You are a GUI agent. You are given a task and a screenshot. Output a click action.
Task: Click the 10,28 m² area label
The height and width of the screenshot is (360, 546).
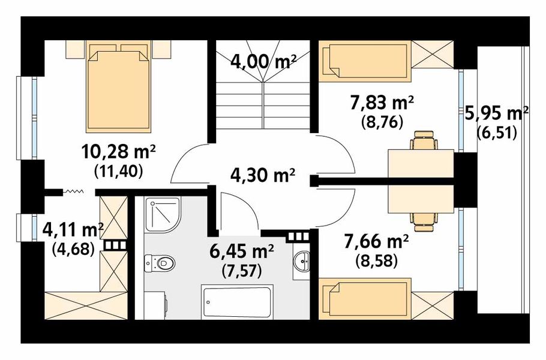(118, 152)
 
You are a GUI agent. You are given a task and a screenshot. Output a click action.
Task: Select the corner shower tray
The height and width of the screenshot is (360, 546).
(163, 215)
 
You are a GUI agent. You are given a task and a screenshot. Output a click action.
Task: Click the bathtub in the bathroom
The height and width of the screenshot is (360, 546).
(237, 302)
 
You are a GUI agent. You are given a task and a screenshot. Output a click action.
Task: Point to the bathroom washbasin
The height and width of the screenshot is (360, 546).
(302, 260)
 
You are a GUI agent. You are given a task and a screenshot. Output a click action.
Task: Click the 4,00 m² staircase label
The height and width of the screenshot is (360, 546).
(263, 62)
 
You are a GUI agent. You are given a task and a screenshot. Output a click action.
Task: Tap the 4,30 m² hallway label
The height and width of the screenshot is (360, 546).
(263, 175)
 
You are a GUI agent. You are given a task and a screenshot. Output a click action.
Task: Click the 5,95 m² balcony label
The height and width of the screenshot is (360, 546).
(497, 114)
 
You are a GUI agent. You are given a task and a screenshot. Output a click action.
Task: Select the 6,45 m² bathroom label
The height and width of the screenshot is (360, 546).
(241, 251)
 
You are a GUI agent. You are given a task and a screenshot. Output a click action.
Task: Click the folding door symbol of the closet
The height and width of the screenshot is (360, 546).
(73, 191)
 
